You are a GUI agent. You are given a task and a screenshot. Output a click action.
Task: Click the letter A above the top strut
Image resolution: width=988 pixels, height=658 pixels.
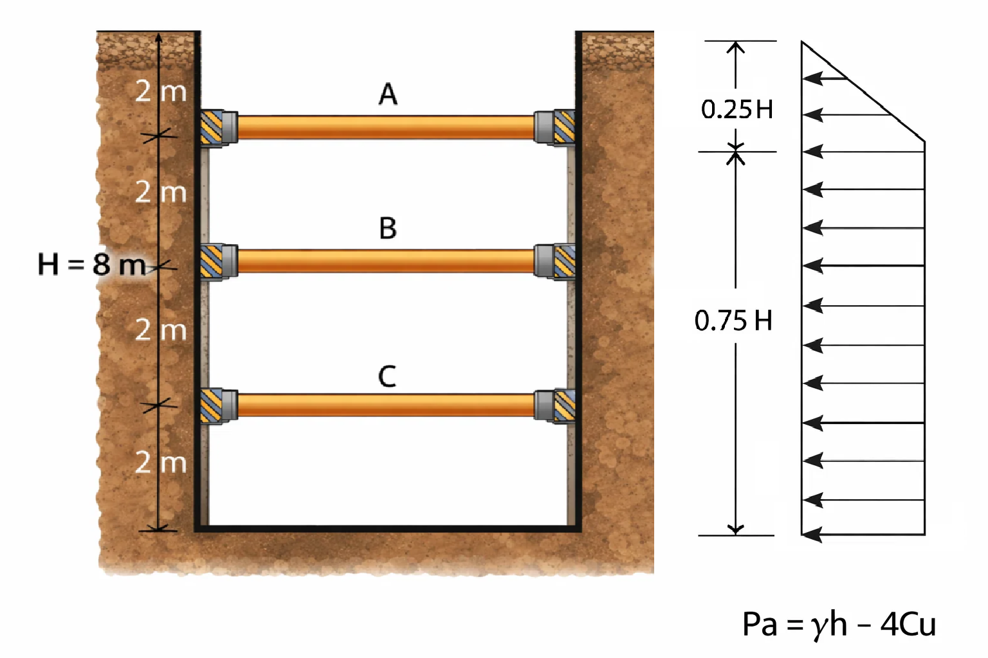coord(388,94)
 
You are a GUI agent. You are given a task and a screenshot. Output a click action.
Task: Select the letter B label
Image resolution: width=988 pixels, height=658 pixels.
coord(388,228)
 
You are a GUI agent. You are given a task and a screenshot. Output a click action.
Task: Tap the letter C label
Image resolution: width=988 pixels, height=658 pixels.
coord(387,377)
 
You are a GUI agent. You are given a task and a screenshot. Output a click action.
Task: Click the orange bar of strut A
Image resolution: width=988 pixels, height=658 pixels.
coord(386,127)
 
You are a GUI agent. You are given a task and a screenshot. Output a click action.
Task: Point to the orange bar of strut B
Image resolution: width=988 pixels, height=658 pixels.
coord(386,262)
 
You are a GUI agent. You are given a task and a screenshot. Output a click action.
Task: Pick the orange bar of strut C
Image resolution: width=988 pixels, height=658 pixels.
coord(386,405)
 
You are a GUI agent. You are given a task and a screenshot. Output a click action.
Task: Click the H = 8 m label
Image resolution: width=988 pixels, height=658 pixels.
coord(92,265)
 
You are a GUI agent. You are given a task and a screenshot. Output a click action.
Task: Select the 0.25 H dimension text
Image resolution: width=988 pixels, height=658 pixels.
coord(737,109)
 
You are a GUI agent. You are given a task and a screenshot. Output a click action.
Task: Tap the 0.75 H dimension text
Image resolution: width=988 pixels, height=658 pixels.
coord(733,321)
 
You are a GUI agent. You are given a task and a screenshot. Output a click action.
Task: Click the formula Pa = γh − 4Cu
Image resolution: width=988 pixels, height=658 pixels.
coord(839,624)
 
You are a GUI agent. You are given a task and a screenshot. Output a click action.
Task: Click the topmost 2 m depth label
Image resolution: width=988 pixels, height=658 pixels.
coord(161,92)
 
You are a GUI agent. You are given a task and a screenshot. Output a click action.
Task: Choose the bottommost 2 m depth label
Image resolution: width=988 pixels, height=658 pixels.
coord(161,463)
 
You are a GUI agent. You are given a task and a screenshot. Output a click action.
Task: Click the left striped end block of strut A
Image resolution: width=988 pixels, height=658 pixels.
coord(211,127)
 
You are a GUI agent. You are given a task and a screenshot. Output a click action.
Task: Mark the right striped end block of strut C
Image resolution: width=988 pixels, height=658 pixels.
coord(565,406)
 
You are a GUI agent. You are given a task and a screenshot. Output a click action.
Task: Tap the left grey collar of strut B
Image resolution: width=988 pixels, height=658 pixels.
coord(230,262)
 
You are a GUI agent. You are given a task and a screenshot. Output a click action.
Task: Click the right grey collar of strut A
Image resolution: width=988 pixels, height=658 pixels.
coord(544,127)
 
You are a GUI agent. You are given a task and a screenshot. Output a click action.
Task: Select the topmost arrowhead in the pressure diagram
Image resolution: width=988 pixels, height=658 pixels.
coord(812,78)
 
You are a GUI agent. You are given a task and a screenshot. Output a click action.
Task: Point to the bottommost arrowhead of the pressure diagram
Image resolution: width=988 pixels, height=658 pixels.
coord(812,535)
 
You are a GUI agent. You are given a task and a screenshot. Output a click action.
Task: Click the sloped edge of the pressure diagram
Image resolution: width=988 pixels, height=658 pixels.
coord(863,92)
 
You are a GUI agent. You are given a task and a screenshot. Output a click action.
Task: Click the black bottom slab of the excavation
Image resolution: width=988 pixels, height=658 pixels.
coord(388,528)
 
